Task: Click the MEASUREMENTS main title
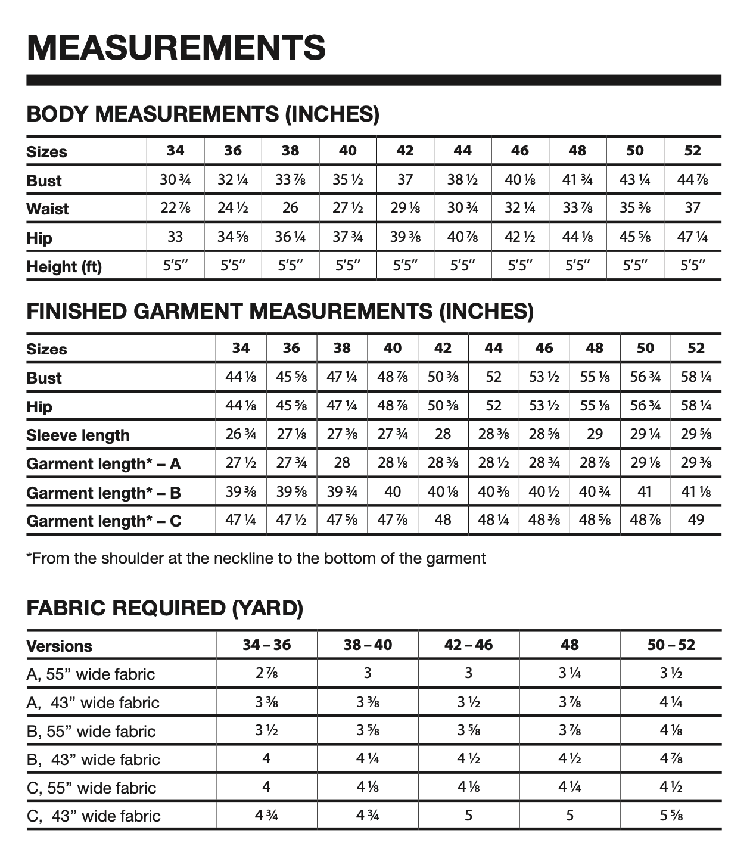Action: point(176,48)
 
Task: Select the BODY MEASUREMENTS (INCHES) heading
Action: point(203,114)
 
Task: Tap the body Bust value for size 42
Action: point(405,179)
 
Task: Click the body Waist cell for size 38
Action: point(290,208)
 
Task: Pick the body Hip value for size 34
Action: point(175,237)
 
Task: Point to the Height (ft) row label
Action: point(64,267)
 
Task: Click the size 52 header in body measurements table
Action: point(692,151)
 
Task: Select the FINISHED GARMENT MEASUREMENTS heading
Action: point(280,311)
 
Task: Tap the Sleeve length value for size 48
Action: point(595,434)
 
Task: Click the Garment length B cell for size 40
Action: point(393,492)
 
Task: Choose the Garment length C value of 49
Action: point(696,520)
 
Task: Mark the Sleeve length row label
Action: point(77,435)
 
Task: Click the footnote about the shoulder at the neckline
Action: point(256,558)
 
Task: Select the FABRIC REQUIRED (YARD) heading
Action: point(165,608)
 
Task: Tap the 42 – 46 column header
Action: point(468,645)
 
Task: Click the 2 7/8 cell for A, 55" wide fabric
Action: point(266,674)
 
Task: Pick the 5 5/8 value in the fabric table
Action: point(671,815)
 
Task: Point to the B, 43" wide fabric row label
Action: point(94,760)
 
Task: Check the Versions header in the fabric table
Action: point(60,646)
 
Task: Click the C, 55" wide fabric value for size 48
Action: point(570,787)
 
